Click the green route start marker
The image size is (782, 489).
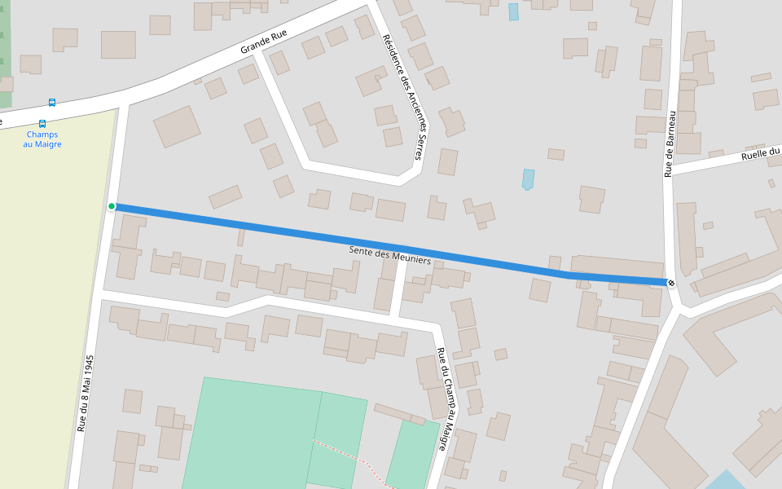click(x=112, y=206)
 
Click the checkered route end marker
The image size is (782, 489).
click(x=671, y=283)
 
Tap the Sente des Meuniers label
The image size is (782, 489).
click(x=389, y=254)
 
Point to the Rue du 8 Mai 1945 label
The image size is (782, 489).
click(x=86, y=393)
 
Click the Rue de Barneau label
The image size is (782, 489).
click(x=670, y=144)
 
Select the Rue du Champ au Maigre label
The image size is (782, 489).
click(x=442, y=399)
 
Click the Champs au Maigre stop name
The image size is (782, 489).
click(x=42, y=139)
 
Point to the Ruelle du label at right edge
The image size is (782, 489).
click(x=761, y=154)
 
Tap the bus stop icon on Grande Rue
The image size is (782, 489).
click(x=52, y=103)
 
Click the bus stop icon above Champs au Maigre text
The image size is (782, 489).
click(x=42, y=124)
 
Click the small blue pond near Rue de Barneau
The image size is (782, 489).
click(x=529, y=178)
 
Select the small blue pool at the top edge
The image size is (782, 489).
click(x=513, y=11)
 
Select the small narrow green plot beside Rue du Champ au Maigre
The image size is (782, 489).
click(x=412, y=456)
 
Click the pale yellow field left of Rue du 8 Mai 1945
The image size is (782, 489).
click(x=41, y=310)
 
